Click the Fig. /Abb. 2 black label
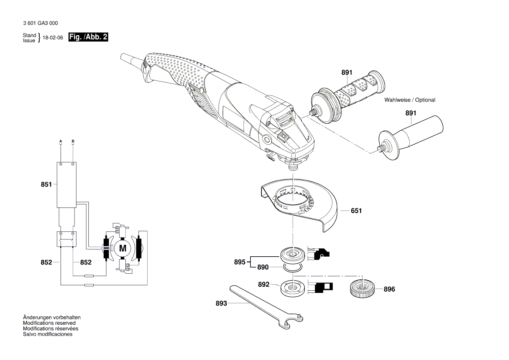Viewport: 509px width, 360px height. pyautogui.click(x=88, y=37)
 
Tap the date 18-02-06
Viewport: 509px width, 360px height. pyautogui.click(x=53, y=38)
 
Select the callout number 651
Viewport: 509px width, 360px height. pyautogui.click(x=356, y=211)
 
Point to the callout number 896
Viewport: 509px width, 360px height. pyautogui.click(x=389, y=289)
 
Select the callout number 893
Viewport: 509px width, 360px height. pyautogui.click(x=221, y=303)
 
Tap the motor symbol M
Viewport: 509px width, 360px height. pyautogui.click(x=122, y=249)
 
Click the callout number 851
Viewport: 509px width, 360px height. pyautogui.click(x=46, y=184)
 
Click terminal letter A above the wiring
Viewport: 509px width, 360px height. pyautogui.click(x=61, y=141)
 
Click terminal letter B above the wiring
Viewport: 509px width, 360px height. pyautogui.click(x=73, y=141)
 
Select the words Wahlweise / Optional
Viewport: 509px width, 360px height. pyautogui.click(x=409, y=100)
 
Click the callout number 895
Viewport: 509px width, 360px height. pyautogui.click(x=239, y=262)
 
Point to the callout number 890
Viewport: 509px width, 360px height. pyautogui.click(x=263, y=267)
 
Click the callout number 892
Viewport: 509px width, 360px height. pyautogui.click(x=263, y=285)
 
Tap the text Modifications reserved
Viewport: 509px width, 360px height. pyautogui.click(x=49, y=323)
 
